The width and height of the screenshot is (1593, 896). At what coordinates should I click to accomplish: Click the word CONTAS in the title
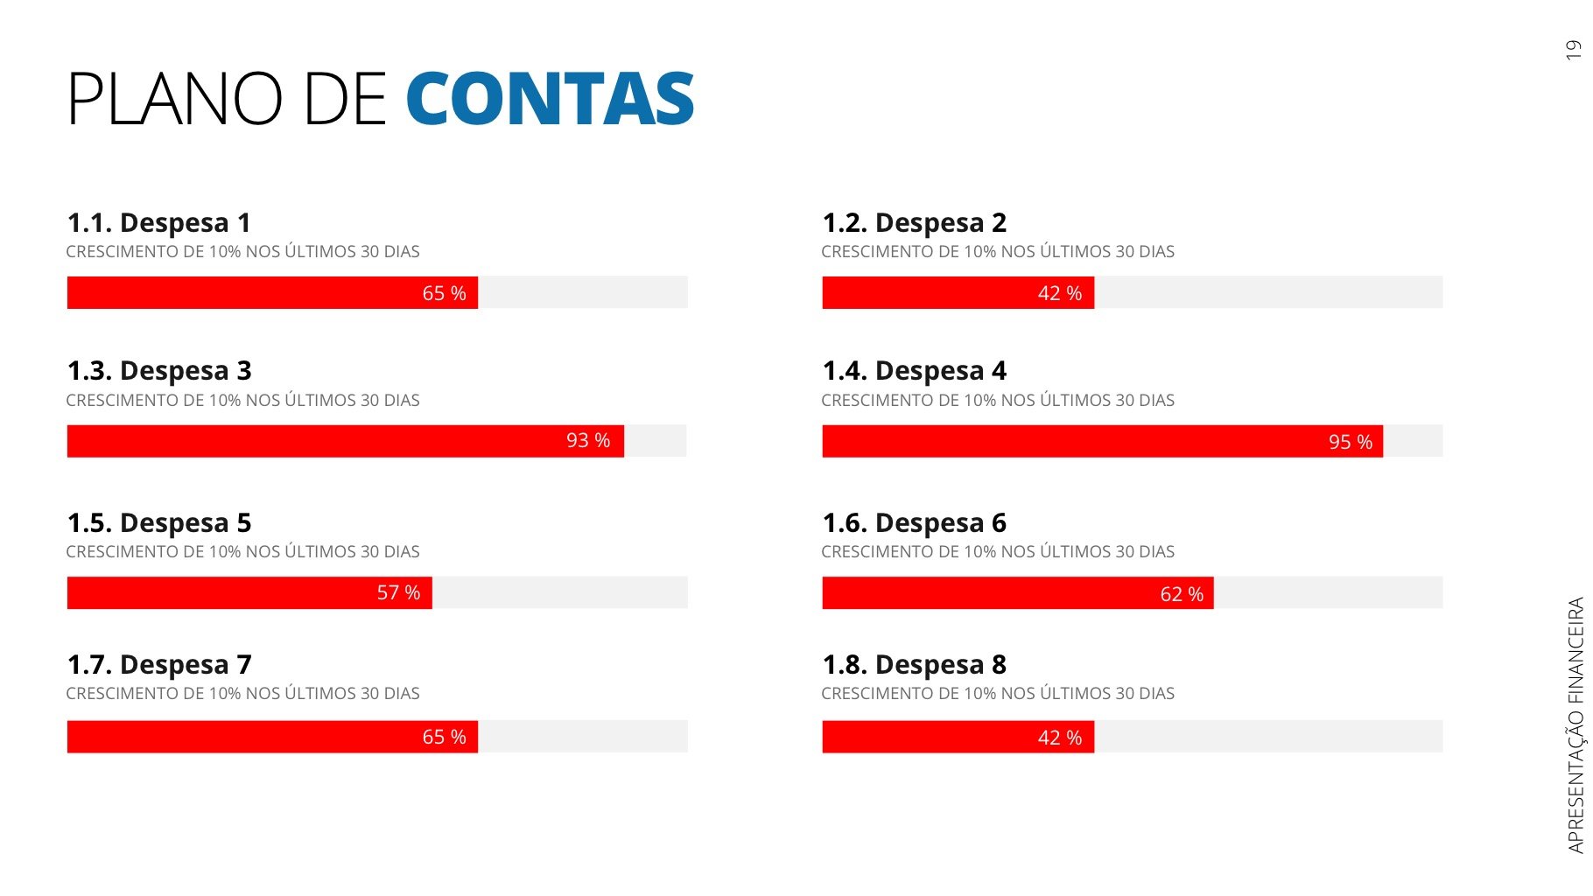(550, 99)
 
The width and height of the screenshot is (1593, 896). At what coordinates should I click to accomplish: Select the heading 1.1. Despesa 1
(158, 223)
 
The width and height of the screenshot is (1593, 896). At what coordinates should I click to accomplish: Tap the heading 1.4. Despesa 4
(914, 371)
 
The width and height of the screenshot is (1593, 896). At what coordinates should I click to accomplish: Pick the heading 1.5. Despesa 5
(158, 523)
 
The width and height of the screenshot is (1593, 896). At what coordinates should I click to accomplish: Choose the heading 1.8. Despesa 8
(914, 665)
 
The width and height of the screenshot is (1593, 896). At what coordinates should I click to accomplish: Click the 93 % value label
(587, 441)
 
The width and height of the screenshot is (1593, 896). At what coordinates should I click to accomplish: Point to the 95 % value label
(1350, 442)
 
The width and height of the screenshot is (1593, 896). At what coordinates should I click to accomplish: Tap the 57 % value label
(398, 593)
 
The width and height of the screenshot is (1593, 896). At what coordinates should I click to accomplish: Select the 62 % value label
(1181, 594)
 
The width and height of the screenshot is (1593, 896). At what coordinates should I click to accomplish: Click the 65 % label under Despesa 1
(444, 293)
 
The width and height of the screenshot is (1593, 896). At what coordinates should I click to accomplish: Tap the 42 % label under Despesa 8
(1059, 738)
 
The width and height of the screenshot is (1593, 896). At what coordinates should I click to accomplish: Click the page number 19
(1573, 50)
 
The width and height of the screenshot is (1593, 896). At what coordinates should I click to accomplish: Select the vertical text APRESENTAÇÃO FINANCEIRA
(1575, 724)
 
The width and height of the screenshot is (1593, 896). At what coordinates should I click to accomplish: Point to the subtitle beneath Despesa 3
(242, 400)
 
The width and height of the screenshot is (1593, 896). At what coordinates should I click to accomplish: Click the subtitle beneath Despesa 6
(997, 551)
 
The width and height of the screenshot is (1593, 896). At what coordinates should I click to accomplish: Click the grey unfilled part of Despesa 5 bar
(560, 592)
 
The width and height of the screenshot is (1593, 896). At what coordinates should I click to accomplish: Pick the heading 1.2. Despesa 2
(914, 223)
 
